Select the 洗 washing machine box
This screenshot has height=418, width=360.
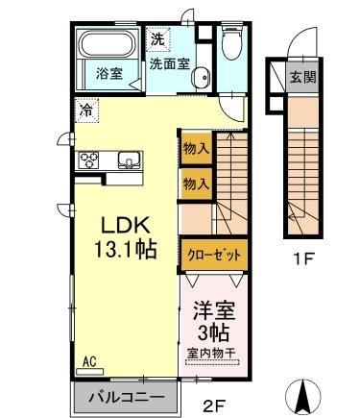point(156,41)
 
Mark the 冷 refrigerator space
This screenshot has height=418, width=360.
point(86,111)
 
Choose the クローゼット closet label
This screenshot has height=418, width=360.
point(215,254)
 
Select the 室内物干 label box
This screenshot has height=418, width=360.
point(213,354)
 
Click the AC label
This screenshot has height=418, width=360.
point(88,361)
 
